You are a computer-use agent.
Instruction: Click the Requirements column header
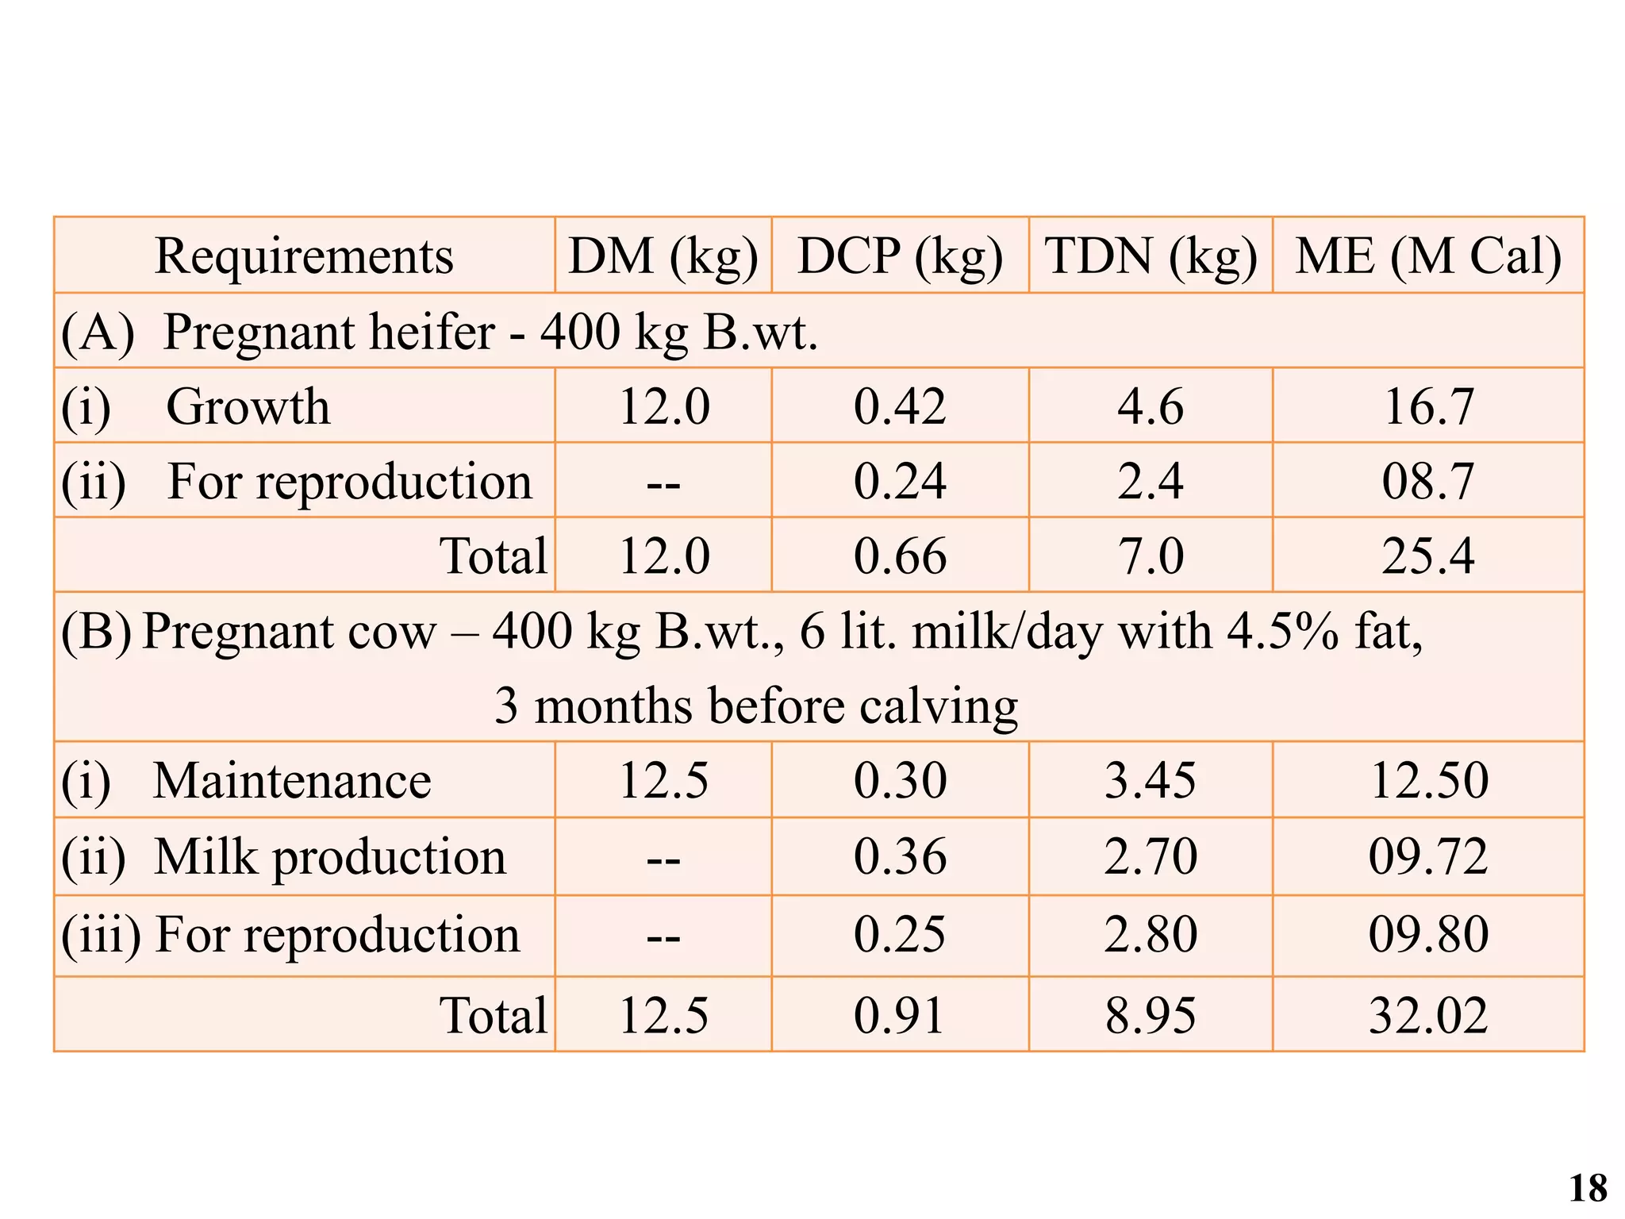point(304,256)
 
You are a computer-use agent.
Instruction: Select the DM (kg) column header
point(663,256)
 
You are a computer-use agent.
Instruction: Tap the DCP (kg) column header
point(900,256)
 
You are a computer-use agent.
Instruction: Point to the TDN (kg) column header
point(1151,256)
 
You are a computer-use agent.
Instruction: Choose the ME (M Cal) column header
point(1428,256)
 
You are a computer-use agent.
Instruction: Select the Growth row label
point(248,407)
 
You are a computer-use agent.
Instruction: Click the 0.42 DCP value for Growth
point(900,407)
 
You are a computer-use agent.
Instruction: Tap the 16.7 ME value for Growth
point(1428,407)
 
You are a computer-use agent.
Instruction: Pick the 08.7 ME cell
point(1428,482)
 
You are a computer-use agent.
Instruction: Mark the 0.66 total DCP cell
point(900,556)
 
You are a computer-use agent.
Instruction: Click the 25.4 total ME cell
point(1428,556)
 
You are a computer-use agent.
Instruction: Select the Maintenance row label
point(291,781)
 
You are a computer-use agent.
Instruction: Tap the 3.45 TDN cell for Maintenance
point(1151,781)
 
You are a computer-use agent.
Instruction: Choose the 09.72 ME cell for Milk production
point(1428,857)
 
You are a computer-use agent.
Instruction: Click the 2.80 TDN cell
point(1151,934)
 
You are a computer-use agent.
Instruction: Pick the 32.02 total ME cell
point(1428,1015)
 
